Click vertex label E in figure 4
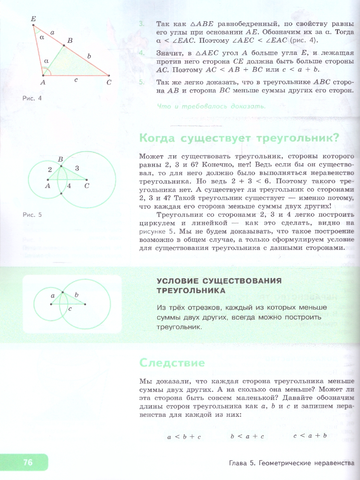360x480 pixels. click(x=33, y=19)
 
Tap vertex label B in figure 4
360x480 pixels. click(x=70, y=40)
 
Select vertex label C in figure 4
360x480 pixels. click(x=109, y=82)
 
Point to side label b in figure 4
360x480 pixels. click(x=89, y=57)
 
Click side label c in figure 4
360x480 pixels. click(x=76, y=80)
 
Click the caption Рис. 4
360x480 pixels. click(x=32, y=98)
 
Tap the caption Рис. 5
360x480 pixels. click(x=32, y=215)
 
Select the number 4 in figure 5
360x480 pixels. click(x=69, y=186)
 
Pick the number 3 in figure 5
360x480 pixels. click(x=77, y=168)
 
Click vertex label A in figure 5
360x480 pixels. click(x=48, y=186)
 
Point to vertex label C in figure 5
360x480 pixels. click(x=86, y=186)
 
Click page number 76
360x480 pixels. click(x=28, y=462)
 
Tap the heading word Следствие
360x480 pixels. click(x=172, y=363)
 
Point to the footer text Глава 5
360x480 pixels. click(x=243, y=463)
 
